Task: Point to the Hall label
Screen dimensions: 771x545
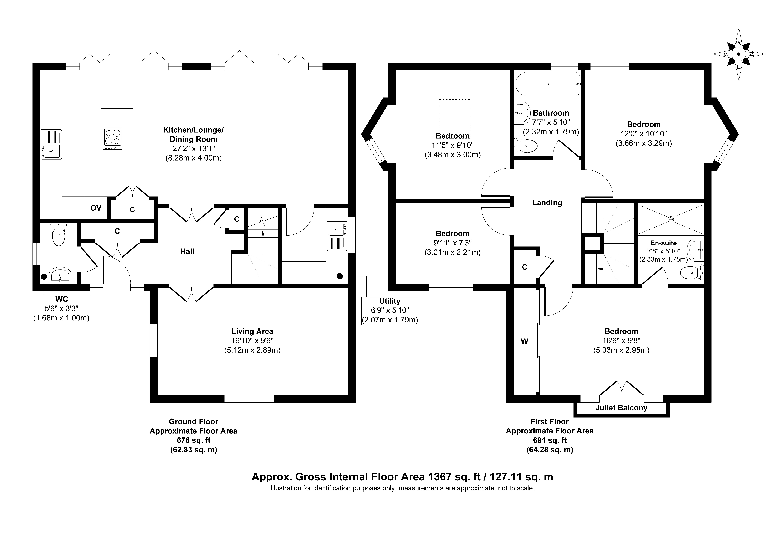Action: [187, 251]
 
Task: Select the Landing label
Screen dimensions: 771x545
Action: [547, 203]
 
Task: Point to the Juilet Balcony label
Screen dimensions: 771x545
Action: [621, 408]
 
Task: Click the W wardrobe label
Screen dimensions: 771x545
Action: [524, 341]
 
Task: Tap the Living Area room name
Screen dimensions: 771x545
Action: [252, 331]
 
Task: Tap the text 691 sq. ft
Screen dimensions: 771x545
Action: [550, 440]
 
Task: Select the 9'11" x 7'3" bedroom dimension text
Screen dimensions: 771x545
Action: [452, 243]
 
